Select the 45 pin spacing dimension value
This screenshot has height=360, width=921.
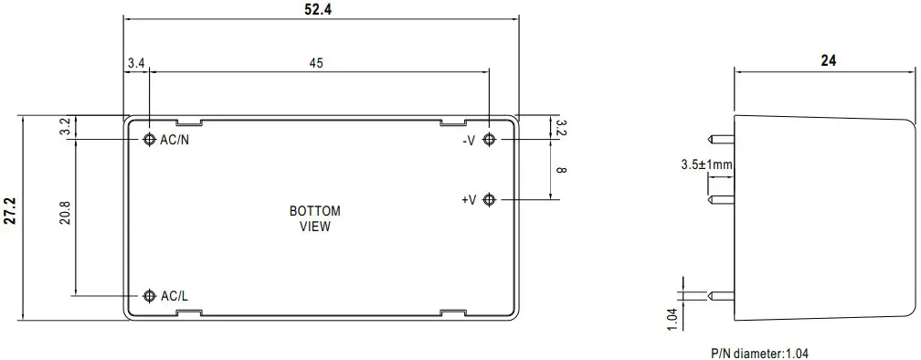pos(316,64)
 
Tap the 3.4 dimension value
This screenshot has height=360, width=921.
pos(136,64)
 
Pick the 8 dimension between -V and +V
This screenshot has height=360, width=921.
pos(561,169)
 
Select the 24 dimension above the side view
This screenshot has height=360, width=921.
pos(828,61)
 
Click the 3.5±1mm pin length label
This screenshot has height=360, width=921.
pos(705,165)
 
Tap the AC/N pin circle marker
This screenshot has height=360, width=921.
pos(150,140)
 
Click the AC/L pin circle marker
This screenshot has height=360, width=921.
pos(150,296)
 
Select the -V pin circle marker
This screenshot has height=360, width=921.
pos(490,140)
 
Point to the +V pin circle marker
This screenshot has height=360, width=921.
pos(490,199)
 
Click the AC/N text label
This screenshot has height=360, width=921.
pos(175,140)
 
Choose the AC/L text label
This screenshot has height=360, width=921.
pos(175,296)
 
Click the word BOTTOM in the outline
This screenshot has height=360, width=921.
pos(315,211)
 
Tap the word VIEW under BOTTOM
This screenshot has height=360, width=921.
pos(315,227)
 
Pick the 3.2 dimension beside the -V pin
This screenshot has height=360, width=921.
pos(561,127)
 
